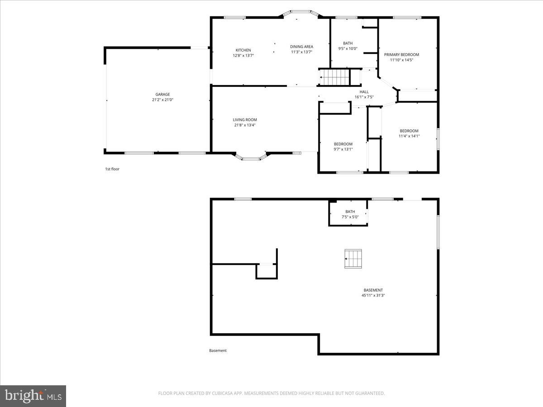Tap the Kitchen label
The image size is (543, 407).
pos(243,50)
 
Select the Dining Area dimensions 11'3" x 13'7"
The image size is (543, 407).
pos(301,52)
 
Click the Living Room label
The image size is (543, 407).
pos(245,120)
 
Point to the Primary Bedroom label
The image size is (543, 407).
pos(401,54)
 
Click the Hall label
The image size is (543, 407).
pos(364,92)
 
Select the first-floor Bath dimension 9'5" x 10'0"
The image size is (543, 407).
pos(348,49)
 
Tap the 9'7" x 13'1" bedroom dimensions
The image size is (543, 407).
pos(343,149)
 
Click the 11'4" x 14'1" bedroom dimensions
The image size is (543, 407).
pos(409,136)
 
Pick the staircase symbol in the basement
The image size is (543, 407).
pos(353,259)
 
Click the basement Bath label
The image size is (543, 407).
pos(350,212)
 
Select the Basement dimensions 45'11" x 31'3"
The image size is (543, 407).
pos(373,296)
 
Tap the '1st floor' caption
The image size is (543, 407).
pos(112,169)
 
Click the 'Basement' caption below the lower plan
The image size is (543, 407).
pos(218,350)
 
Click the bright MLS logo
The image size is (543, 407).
pos(33,396)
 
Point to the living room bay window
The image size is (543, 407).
pos(251,157)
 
